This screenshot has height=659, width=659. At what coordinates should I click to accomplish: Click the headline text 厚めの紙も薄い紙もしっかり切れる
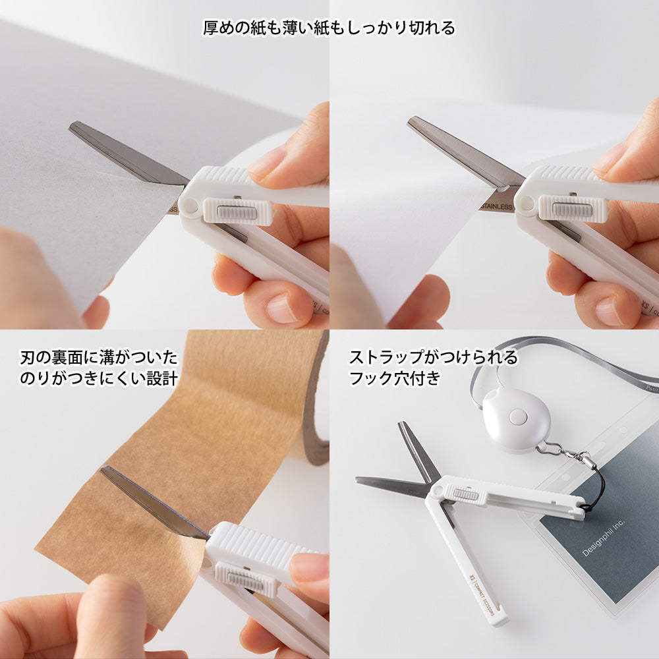(329, 28)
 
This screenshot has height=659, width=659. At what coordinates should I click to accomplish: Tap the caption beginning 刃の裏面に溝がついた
(99, 358)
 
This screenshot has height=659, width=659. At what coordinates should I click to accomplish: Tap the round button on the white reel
(518, 416)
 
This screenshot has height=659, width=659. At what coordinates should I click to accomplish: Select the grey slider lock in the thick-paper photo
(237, 212)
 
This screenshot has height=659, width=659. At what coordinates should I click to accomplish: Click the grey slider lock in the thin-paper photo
(571, 210)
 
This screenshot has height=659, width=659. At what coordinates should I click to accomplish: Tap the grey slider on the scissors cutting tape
(246, 579)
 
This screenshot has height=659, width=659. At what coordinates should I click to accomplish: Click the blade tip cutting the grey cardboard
(74, 125)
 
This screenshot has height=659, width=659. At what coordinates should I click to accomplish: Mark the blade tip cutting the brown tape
(104, 470)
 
